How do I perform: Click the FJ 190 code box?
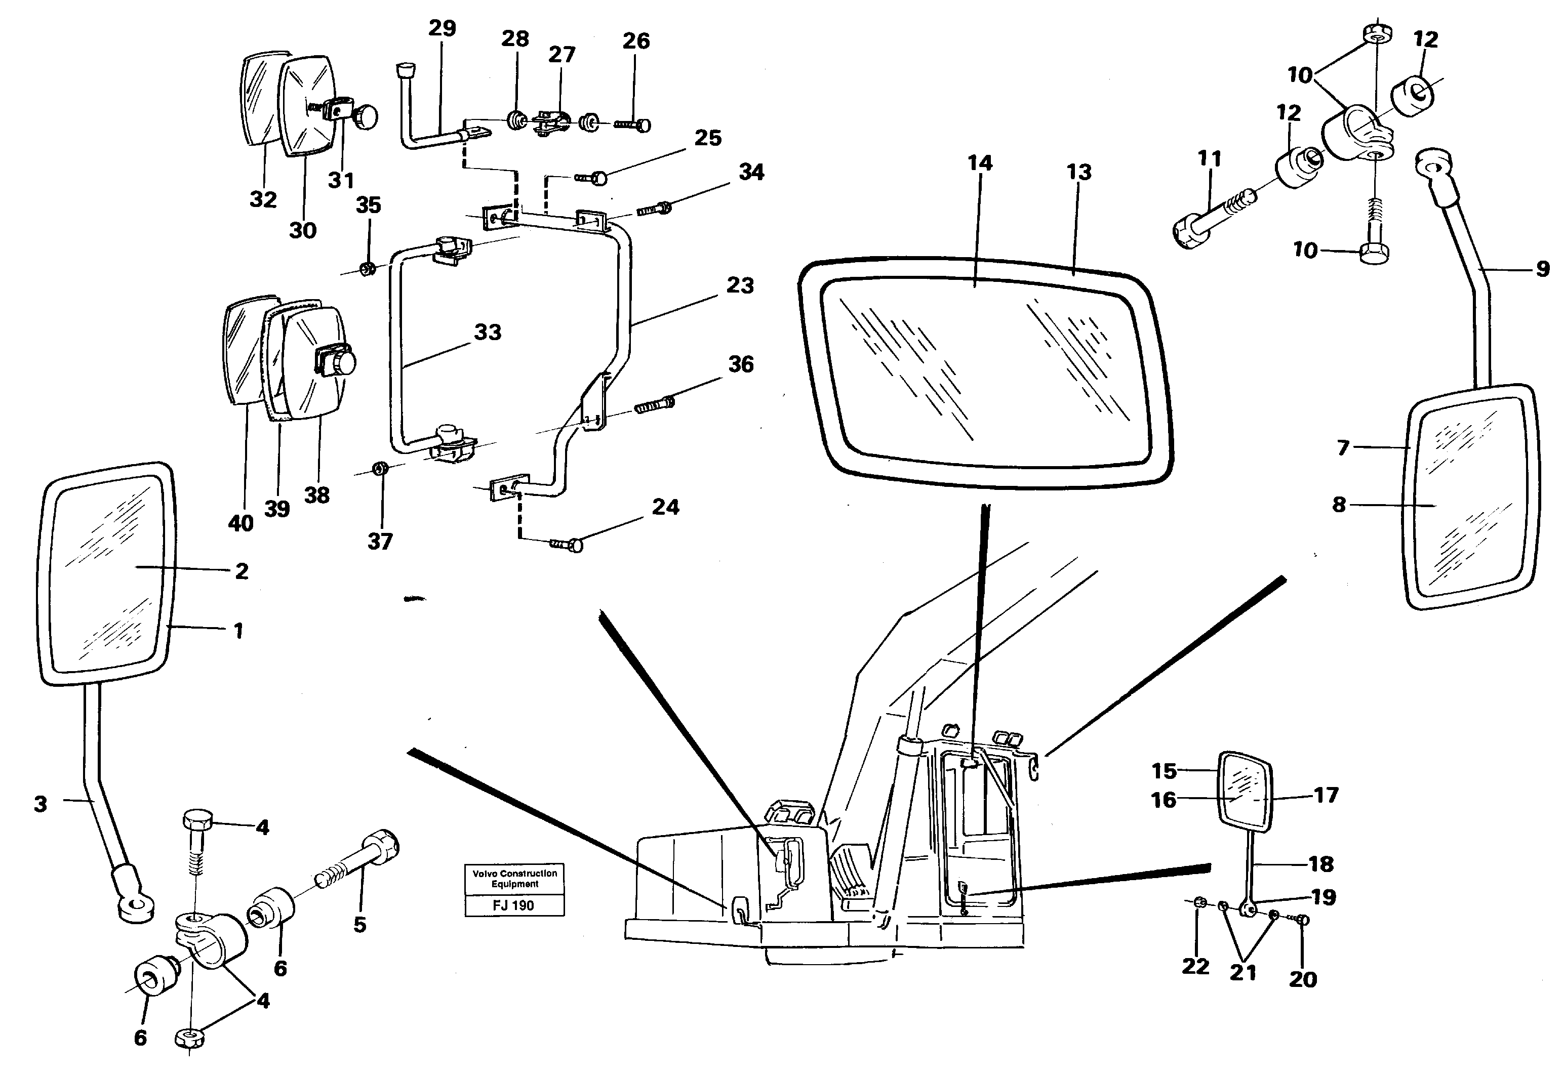coord(514,905)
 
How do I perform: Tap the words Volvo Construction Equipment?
coord(514,879)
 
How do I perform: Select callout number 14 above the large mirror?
coord(980,163)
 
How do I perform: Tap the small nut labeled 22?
coord(1199,903)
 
